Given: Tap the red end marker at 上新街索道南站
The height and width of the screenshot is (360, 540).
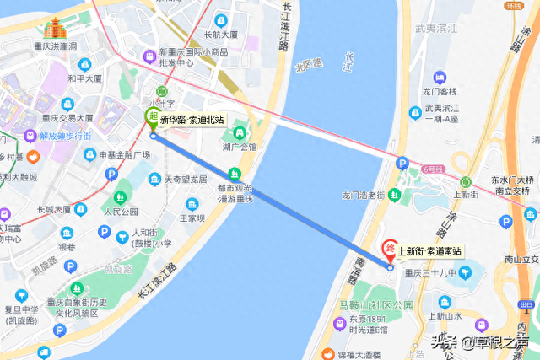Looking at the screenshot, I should pos(389,249).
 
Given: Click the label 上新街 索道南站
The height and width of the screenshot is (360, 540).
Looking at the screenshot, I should pos(430,250).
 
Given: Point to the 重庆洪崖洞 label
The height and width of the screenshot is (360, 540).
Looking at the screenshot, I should pos(55,46).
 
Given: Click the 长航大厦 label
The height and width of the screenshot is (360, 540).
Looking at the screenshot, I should pos(220,35).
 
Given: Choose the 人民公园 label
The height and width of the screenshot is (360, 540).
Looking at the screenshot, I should pos(119,211).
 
